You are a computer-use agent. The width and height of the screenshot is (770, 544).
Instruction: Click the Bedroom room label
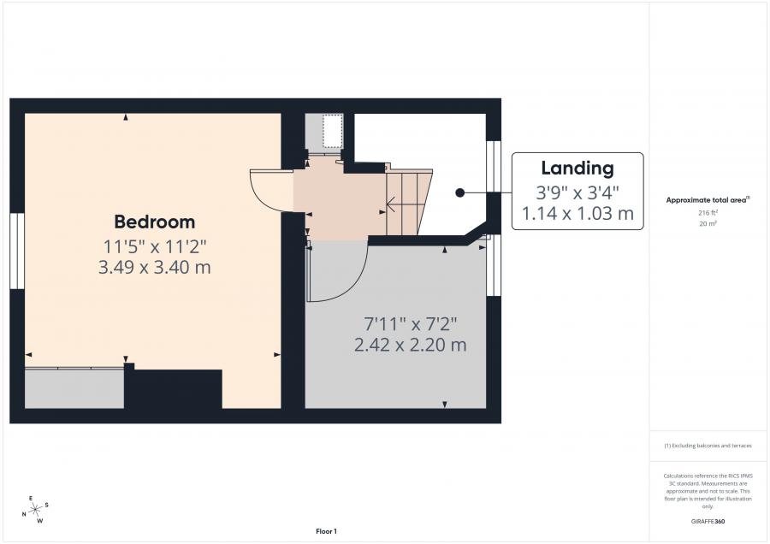(155, 222)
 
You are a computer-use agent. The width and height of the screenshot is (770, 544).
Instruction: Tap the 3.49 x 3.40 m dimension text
(155, 268)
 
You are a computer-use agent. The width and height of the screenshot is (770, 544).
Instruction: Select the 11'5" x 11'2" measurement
(155, 246)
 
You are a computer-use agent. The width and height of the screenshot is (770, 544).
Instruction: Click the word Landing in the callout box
(577, 169)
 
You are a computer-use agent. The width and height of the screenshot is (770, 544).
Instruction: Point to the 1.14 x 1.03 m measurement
(577, 214)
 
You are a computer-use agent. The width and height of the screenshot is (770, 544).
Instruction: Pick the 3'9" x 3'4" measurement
(577, 192)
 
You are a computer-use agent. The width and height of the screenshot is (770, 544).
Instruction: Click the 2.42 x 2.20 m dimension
(410, 345)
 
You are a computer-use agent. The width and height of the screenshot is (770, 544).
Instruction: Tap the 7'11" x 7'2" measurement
(410, 324)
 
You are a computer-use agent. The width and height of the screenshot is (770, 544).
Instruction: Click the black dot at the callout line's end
(459, 193)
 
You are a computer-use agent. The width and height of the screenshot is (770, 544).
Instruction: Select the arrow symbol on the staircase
(392, 204)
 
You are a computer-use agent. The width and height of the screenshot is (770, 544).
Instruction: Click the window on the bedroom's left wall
(17, 251)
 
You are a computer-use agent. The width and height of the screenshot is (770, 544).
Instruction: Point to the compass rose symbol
(36, 510)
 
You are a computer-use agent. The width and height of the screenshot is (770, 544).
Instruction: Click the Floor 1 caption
(326, 531)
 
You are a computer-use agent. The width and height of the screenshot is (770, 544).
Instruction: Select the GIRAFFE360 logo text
(708, 522)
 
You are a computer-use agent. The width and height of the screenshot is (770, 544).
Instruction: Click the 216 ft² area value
(708, 213)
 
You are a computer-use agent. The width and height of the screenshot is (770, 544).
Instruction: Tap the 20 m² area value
(708, 224)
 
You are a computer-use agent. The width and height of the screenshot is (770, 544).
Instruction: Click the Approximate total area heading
(708, 200)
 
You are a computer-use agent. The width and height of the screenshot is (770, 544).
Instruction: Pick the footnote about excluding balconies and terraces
(708, 446)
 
